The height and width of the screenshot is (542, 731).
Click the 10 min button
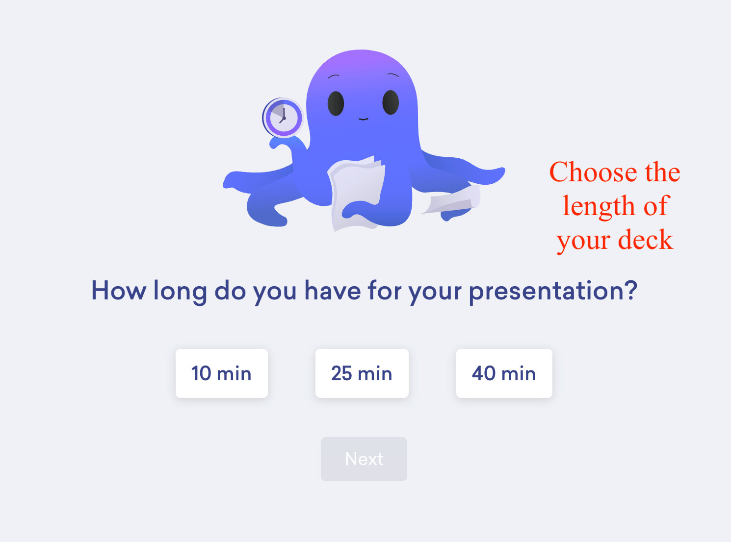tap(221, 373)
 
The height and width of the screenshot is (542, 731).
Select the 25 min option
tap(362, 373)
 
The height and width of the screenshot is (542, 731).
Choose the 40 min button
tap(504, 373)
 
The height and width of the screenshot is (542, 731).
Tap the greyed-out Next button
tap(364, 459)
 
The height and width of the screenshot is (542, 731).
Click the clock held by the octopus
tap(283, 118)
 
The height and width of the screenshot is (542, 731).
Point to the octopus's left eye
tap(336, 103)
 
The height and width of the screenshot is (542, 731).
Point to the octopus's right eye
tap(391, 102)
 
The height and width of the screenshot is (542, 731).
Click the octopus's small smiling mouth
tap(363, 119)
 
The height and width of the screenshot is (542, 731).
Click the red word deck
tap(645, 239)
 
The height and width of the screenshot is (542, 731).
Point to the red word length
tap(598, 206)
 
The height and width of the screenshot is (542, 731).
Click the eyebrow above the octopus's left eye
tap(334, 76)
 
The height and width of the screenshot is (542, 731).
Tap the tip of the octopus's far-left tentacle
tap(225, 184)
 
